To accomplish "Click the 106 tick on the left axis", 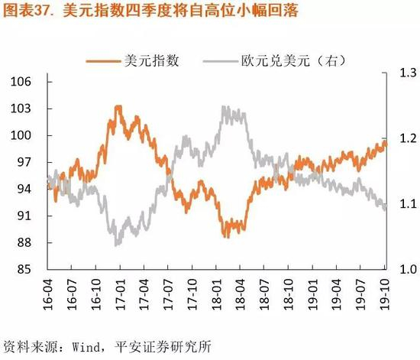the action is (21, 82).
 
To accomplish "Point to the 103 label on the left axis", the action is (21, 109).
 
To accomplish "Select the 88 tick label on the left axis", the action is (24, 242).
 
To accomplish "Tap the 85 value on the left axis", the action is (24, 269).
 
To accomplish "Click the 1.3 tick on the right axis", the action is (409, 73).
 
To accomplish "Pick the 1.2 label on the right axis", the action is (409, 138).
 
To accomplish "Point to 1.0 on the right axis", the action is (409, 269).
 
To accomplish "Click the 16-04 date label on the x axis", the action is (48, 294).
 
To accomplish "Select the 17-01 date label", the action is (121, 294).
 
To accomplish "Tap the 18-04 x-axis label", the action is (240, 294).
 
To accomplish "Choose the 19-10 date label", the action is (385, 294).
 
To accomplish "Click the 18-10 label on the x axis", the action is (288, 294).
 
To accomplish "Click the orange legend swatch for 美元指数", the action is (103, 61).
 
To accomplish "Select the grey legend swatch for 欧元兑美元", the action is (220, 61).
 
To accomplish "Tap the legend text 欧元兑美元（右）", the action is (293, 61).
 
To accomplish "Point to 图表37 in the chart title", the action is (27, 11).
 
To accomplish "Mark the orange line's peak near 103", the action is (118, 107).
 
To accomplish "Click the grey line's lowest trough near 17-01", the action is (116, 245).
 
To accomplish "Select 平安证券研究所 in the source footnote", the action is (163, 347).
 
